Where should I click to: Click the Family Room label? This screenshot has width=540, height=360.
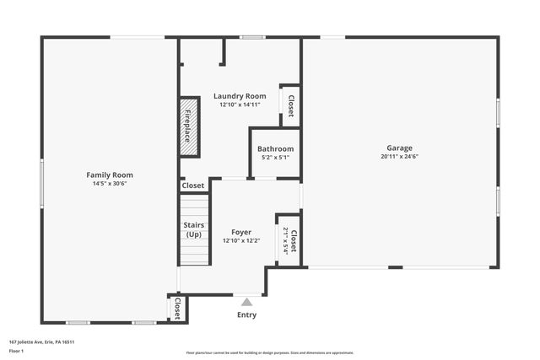[x=110, y=175]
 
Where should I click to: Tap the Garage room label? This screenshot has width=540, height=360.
[x=399, y=148]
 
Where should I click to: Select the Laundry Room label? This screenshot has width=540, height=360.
[x=240, y=96]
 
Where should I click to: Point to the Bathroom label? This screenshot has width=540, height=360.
[x=276, y=148]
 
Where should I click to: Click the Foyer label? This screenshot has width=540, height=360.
[x=241, y=232]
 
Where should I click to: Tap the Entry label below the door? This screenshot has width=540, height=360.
[x=246, y=314]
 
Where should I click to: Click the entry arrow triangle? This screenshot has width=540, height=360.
[x=246, y=301]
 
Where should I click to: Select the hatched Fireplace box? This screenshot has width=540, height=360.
[x=189, y=127]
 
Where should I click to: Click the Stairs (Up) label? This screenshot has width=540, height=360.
[x=194, y=229]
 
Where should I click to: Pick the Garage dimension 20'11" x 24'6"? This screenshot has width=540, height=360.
[x=399, y=156]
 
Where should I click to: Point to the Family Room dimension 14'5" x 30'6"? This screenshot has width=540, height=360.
[x=110, y=183]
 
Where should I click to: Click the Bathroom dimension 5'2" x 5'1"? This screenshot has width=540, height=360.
[x=276, y=157]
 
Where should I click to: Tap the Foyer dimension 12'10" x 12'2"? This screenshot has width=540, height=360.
[x=241, y=240]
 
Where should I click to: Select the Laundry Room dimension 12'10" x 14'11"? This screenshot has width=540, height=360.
[x=240, y=105]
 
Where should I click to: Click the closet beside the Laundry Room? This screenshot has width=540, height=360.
[x=291, y=106]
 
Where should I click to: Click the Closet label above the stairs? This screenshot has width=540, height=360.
[x=193, y=185]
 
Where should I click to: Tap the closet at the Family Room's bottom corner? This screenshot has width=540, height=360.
[x=178, y=309]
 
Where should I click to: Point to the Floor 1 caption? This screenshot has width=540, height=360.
[x=16, y=350]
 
